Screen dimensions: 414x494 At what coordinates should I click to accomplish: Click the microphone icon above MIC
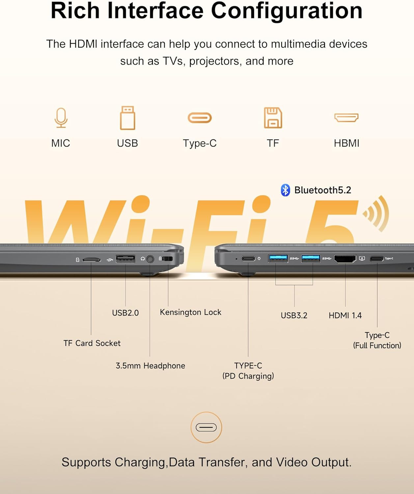61,118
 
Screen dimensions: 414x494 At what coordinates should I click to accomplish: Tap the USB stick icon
127,118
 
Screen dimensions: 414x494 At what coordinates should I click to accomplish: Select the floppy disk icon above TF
273,118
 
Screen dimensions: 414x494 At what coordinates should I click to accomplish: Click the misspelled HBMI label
346,143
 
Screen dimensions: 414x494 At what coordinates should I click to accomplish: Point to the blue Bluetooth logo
285,190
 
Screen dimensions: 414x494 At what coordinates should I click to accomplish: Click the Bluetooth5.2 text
323,190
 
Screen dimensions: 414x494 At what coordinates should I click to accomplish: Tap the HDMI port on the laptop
345,259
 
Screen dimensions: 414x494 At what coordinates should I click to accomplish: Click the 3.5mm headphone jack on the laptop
150,259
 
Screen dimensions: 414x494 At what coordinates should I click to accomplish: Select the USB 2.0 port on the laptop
125,259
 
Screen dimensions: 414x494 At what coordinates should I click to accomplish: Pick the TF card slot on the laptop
92,260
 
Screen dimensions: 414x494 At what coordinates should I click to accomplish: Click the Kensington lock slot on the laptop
168,259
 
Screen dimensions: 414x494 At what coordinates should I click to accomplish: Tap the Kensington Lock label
191,312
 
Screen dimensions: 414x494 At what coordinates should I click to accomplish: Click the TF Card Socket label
92,343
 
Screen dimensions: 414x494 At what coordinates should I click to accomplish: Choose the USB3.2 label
294,316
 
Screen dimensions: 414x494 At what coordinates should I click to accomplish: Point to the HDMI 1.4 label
345,316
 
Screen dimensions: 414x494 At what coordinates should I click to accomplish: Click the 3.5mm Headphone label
151,366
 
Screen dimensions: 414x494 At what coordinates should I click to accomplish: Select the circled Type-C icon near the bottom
206,427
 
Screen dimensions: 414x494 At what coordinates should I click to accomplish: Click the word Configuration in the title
287,11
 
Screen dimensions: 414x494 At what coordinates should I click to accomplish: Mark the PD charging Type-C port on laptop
248,259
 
